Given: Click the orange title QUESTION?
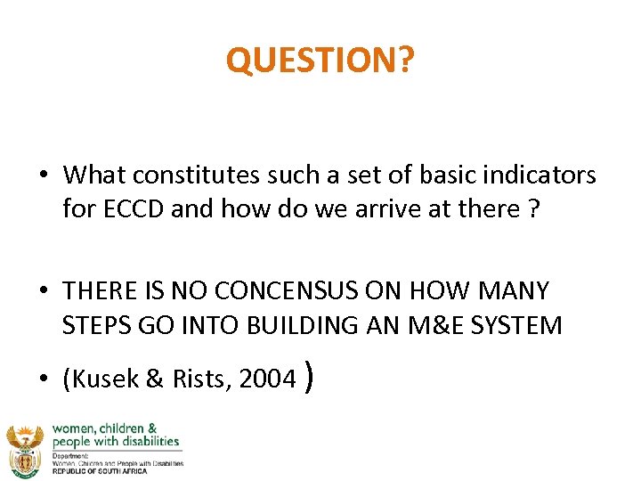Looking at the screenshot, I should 320,60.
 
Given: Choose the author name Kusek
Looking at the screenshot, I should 102,379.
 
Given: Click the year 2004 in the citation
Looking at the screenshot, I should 267,379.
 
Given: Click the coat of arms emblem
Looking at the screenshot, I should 24,450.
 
